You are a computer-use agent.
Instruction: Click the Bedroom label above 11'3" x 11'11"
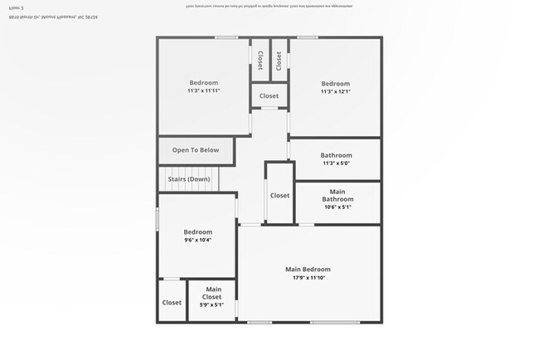(203, 82)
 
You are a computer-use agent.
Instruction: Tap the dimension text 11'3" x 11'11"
(203, 90)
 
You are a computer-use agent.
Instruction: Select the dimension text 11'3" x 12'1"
(336, 91)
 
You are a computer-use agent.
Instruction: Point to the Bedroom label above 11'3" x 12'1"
(336, 83)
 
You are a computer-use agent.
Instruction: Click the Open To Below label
(196, 150)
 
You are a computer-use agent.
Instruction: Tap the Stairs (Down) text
(189, 179)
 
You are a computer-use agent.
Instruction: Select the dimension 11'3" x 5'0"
(337, 163)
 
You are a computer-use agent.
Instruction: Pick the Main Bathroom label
(337, 195)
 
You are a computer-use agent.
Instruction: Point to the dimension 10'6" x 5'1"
(337, 207)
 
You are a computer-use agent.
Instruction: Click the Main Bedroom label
(308, 269)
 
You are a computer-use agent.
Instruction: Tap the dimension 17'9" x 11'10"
(308, 278)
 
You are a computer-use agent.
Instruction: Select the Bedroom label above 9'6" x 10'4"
(197, 231)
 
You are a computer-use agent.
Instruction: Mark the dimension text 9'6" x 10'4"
(197, 240)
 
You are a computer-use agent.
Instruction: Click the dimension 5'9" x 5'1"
(212, 304)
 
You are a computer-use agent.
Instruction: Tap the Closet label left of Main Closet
(172, 303)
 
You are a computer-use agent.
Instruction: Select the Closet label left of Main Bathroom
(279, 196)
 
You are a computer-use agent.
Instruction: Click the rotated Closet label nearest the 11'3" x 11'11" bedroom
(260, 60)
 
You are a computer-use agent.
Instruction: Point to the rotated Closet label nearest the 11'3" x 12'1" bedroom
(279, 60)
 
